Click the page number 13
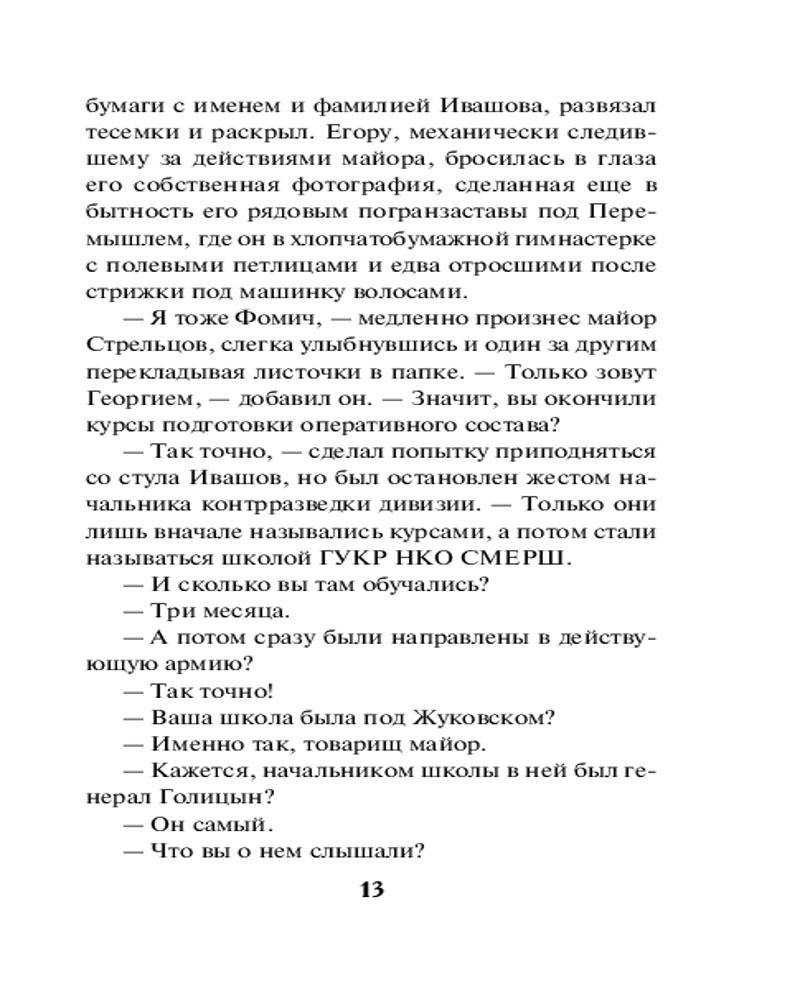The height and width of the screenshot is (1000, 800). pyautogui.click(x=370, y=889)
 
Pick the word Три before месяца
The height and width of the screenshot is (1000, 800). pyautogui.click(x=172, y=610)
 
